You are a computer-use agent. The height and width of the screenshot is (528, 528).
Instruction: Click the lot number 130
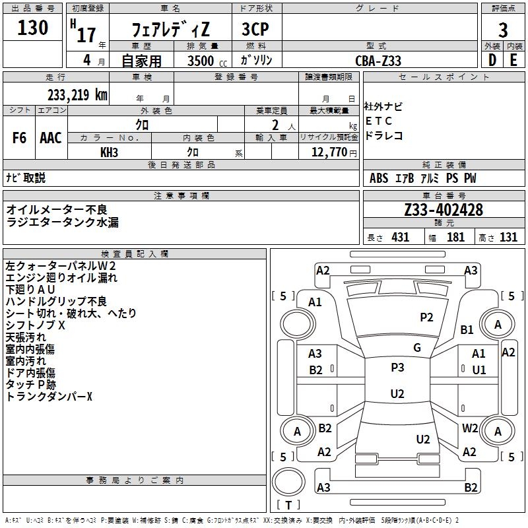33,28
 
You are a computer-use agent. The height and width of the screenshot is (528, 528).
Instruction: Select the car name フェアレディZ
170,30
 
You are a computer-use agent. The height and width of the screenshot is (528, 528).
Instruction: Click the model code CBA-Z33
378,61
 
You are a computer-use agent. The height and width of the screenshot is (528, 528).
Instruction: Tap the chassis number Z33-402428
444,210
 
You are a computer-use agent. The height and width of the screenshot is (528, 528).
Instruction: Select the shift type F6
19,138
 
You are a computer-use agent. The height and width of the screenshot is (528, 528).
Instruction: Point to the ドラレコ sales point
384,135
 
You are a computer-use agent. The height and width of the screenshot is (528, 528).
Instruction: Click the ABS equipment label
379,178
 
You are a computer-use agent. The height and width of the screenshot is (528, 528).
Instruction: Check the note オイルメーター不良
57,209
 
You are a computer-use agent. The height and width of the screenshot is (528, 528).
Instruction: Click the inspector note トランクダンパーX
49,397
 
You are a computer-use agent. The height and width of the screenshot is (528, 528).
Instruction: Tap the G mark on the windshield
417,348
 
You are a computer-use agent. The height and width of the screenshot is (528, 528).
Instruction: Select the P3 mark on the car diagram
397,368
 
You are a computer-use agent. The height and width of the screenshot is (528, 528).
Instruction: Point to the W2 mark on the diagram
470,428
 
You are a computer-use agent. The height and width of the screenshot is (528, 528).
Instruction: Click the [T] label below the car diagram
288,506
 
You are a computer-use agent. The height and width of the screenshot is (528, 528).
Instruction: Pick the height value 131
508,237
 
